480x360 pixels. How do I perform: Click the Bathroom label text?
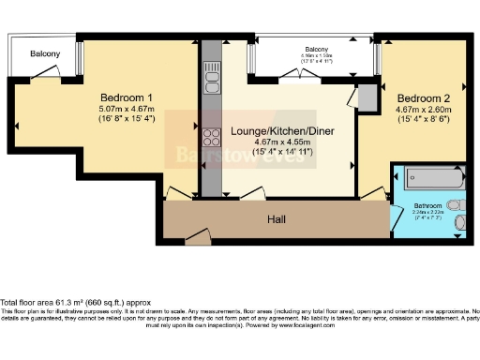428,205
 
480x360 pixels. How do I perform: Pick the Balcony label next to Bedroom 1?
43,53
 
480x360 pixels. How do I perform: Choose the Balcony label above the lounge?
315,49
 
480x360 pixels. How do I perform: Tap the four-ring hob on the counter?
211,140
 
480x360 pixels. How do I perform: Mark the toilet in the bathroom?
454,203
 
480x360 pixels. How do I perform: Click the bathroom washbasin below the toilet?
458,224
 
